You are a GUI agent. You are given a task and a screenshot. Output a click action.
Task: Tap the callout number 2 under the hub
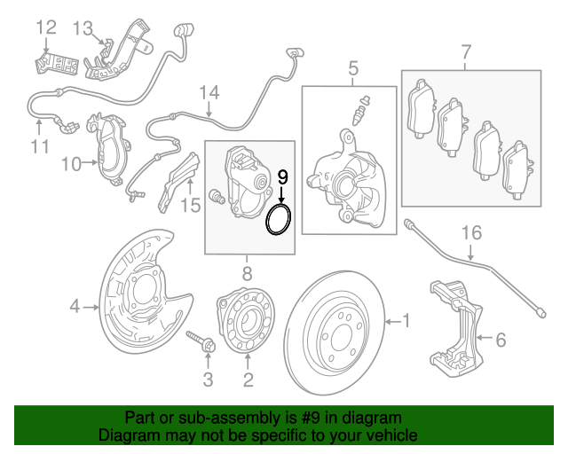pyautogui.click(x=248, y=381)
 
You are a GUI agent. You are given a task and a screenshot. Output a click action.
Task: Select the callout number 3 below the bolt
pyautogui.click(x=207, y=381)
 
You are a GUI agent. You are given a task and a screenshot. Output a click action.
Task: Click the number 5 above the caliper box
pyautogui.click(x=352, y=68)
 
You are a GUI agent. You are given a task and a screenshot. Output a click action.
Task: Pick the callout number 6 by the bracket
pyautogui.click(x=500, y=338)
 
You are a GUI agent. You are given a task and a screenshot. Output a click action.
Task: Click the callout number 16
pyautogui.click(x=470, y=233)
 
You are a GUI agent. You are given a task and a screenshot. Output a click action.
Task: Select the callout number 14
pyautogui.click(x=209, y=93)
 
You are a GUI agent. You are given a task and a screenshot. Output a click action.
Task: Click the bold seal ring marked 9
pyautogui.click(x=280, y=220)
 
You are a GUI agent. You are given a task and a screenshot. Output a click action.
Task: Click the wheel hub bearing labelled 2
pyautogui.click(x=246, y=325)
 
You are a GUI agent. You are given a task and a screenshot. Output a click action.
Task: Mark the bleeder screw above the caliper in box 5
pyautogui.click(x=362, y=110)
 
